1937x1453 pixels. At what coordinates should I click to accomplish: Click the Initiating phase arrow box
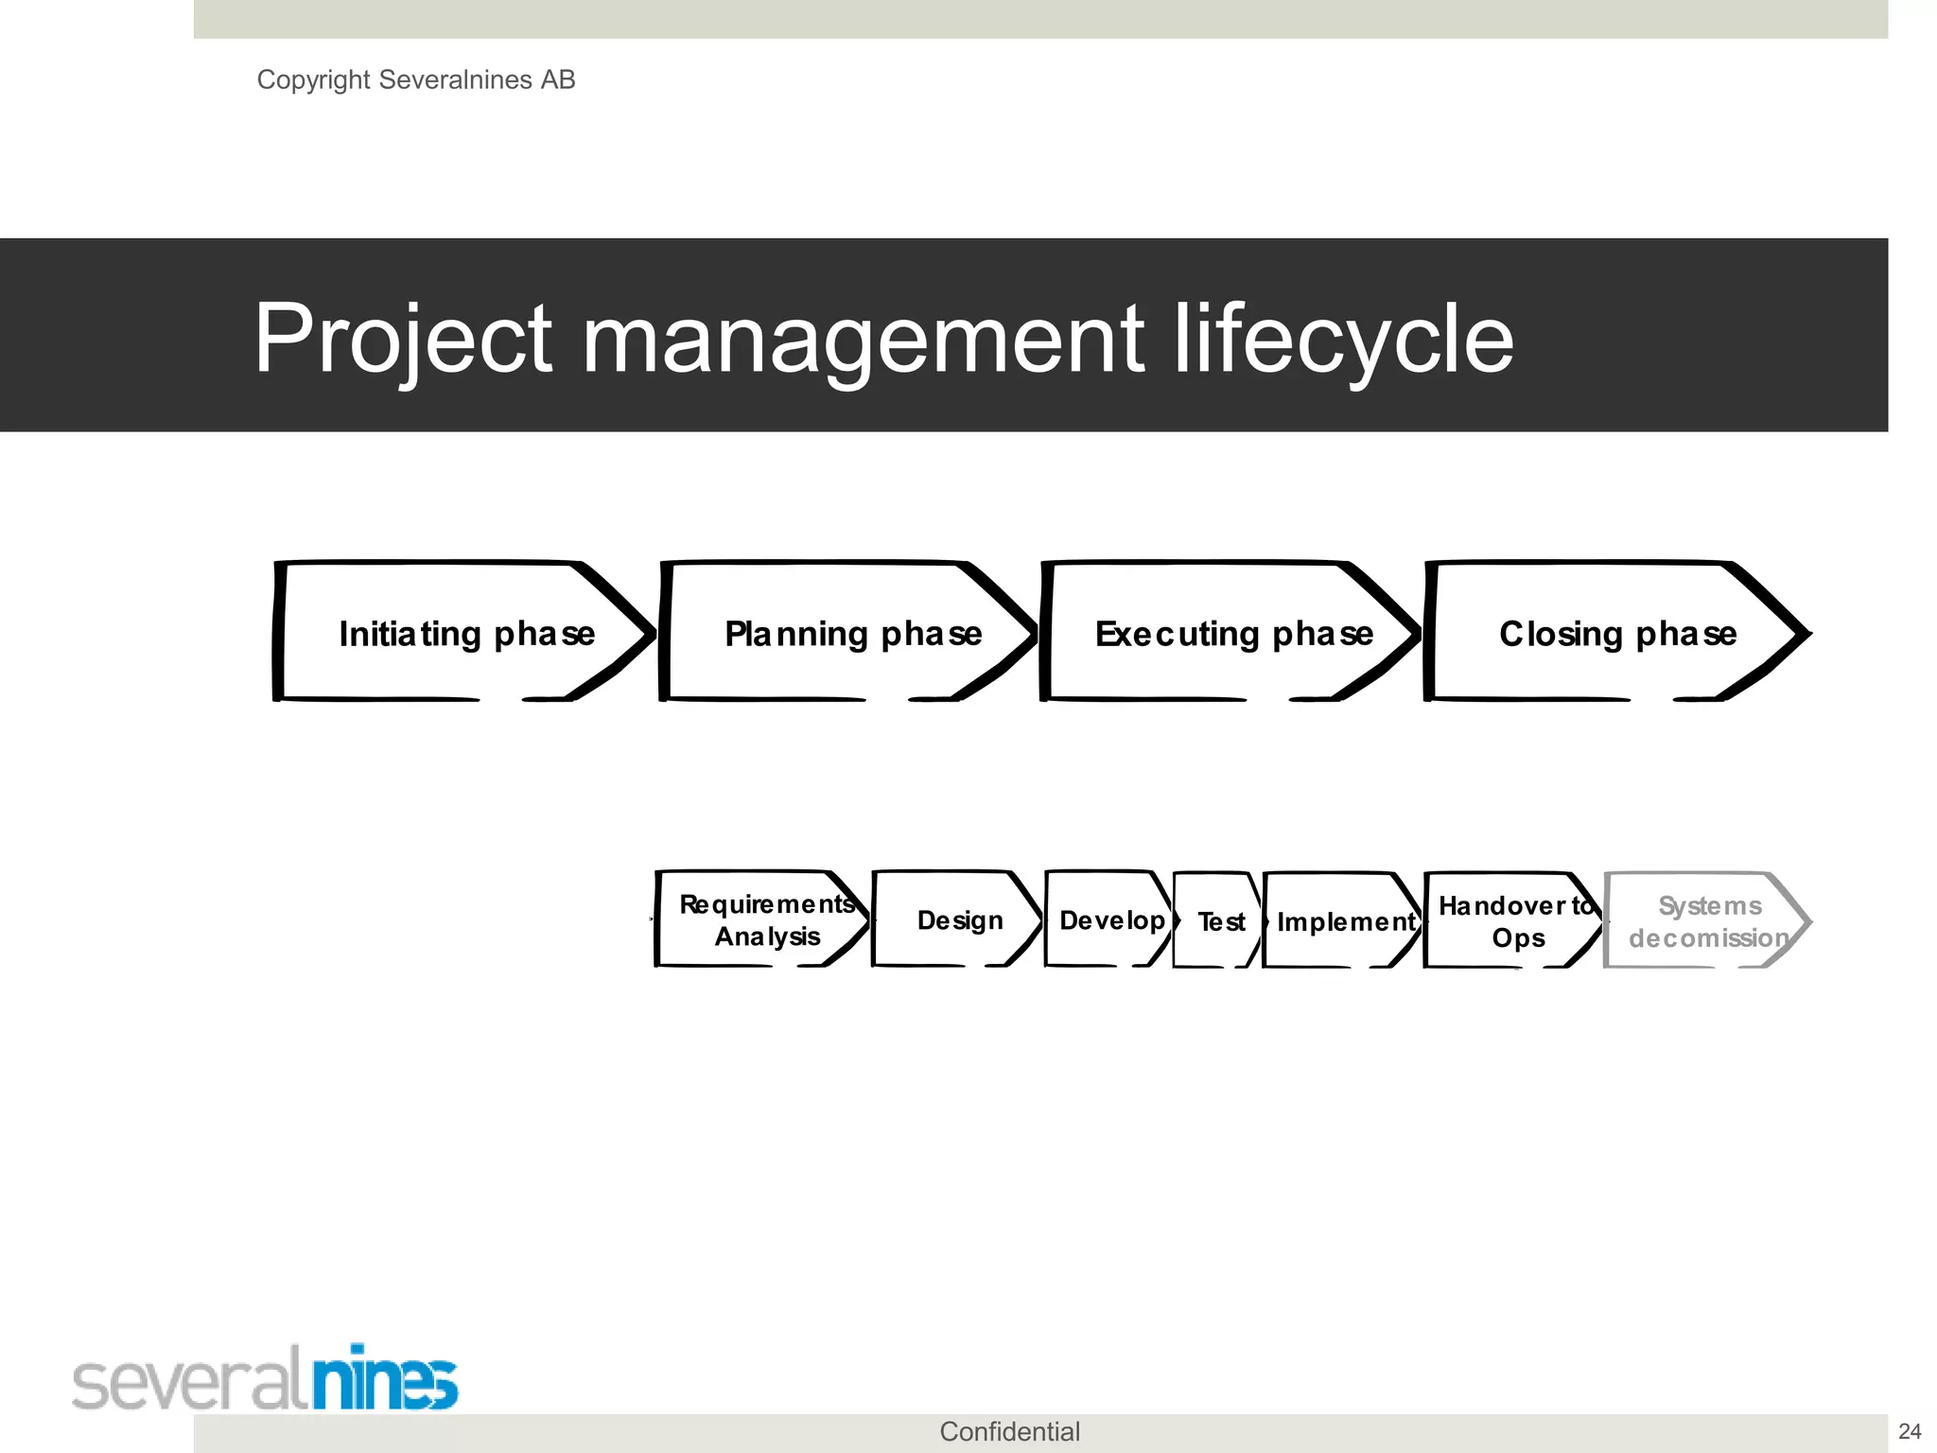(463, 633)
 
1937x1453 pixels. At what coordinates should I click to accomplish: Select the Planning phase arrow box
(849, 633)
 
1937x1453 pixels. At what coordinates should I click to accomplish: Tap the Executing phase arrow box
(1231, 633)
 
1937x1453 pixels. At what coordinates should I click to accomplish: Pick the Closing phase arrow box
(1615, 633)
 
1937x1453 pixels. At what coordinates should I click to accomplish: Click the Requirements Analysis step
(764, 919)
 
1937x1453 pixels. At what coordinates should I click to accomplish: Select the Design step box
(957, 919)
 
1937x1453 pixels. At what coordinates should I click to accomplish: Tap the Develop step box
(1110, 919)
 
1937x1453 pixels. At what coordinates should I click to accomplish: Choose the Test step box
(1219, 920)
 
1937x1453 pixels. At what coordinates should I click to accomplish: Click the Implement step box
(1344, 920)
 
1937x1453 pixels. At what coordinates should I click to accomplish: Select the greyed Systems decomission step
(1706, 920)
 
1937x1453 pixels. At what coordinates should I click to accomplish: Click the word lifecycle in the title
(1343, 338)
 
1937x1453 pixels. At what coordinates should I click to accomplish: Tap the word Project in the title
(403, 338)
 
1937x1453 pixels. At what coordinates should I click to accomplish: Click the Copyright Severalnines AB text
(415, 79)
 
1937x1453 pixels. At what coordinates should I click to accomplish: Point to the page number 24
(1910, 1431)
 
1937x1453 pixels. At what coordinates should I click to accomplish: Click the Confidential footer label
(1009, 1431)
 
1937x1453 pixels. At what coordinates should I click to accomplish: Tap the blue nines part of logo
(385, 1379)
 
